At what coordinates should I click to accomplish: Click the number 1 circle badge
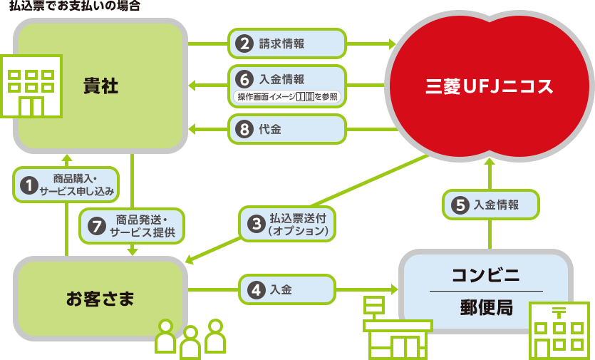point(29,185)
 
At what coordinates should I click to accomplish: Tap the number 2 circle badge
point(244,43)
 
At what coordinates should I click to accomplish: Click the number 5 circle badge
point(460,205)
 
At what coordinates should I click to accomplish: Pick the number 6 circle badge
point(244,79)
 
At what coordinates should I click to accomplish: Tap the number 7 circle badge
point(96,226)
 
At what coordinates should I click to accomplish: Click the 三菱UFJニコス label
point(489,87)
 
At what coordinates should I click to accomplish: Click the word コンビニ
point(486,275)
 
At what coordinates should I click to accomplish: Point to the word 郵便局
point(486,308)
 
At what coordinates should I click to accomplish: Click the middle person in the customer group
point(190,341)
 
